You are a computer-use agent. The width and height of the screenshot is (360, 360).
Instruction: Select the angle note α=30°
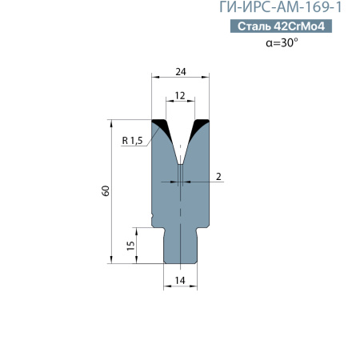(282, 43)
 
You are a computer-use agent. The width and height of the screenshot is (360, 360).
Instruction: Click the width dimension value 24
(181, 71)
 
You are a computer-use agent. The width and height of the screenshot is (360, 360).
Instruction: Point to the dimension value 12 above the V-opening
(180, 95)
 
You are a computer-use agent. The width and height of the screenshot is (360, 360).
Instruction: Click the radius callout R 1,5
(132, 141)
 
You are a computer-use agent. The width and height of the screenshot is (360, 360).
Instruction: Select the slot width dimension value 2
(218, 175)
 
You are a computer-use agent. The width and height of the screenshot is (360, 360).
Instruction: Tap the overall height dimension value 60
(106, 190)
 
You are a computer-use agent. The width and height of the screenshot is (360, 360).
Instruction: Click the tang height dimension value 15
(130, 245)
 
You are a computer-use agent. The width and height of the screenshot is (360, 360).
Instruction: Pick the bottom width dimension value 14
(180, 279)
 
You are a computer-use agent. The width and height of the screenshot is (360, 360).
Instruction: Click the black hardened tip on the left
(161, 125)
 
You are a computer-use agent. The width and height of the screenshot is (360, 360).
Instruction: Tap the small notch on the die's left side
(152, 216)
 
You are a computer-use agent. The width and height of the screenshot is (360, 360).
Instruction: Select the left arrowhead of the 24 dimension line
(154, 78)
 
